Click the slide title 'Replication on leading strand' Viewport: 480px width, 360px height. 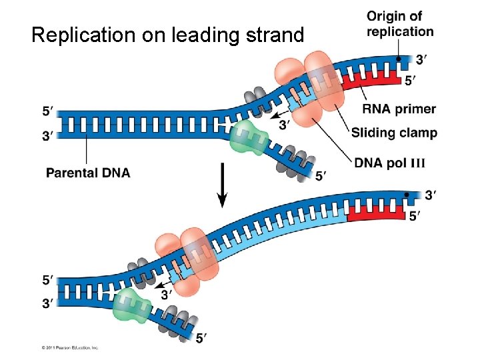tap(167, 35)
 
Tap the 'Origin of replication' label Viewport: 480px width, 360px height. tap(400, 23)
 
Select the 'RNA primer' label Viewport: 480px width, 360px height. tap(399, 109)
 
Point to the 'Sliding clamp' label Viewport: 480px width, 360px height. tap(394, 132)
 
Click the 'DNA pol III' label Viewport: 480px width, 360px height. tap(389, 163)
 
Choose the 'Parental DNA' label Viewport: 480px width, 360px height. tap(88, 173)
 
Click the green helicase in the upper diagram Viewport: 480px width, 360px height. tap(247, 137)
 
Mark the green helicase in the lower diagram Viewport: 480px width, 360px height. tap(132, 307)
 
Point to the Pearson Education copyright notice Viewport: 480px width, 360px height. tap(70, 347)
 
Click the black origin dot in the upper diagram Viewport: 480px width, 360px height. tap(399, 59)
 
